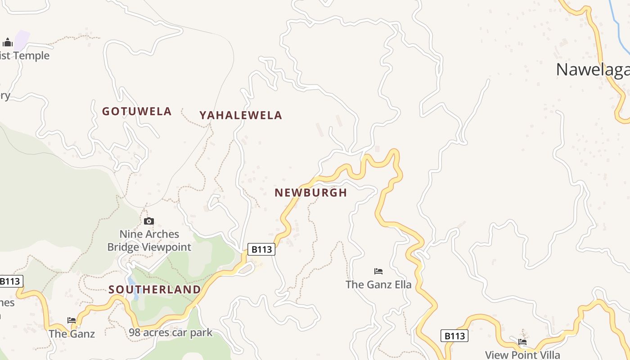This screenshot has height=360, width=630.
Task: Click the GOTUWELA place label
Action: (137, 111)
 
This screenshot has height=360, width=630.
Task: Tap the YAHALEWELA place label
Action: (241, 115)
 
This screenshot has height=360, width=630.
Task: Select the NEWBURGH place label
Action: (311, 193)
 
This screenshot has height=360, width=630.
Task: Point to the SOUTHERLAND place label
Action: (154, 289)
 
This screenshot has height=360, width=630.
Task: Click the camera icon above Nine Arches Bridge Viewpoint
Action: (149, 221)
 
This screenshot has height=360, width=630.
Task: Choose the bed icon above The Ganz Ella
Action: (378, 271)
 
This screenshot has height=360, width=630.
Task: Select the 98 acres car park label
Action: (171, 333)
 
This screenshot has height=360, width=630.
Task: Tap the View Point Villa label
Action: (522, 355)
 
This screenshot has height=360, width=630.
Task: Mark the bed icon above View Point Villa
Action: (522, 342)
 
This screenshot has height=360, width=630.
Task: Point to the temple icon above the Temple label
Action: (8, 43)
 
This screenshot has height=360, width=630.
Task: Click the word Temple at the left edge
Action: (31, 56)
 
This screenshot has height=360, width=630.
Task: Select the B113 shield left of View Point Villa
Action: (454, 336)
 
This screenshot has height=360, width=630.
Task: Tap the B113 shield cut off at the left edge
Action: (10, 282)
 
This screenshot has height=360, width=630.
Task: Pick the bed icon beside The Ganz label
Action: (72, 320)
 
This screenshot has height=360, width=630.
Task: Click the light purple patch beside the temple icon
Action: (21, 40)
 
